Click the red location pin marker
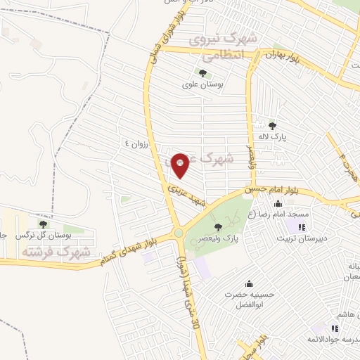tap(180, 166)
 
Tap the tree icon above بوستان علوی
tap(202, 72)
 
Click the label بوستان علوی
tap(202, 84)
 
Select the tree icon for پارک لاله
tap(272, 126)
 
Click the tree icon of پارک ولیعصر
tap(217, 226)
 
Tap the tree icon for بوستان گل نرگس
tap(43, 224)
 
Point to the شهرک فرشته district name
tap(56, 251)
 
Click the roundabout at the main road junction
tap(179, 233)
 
